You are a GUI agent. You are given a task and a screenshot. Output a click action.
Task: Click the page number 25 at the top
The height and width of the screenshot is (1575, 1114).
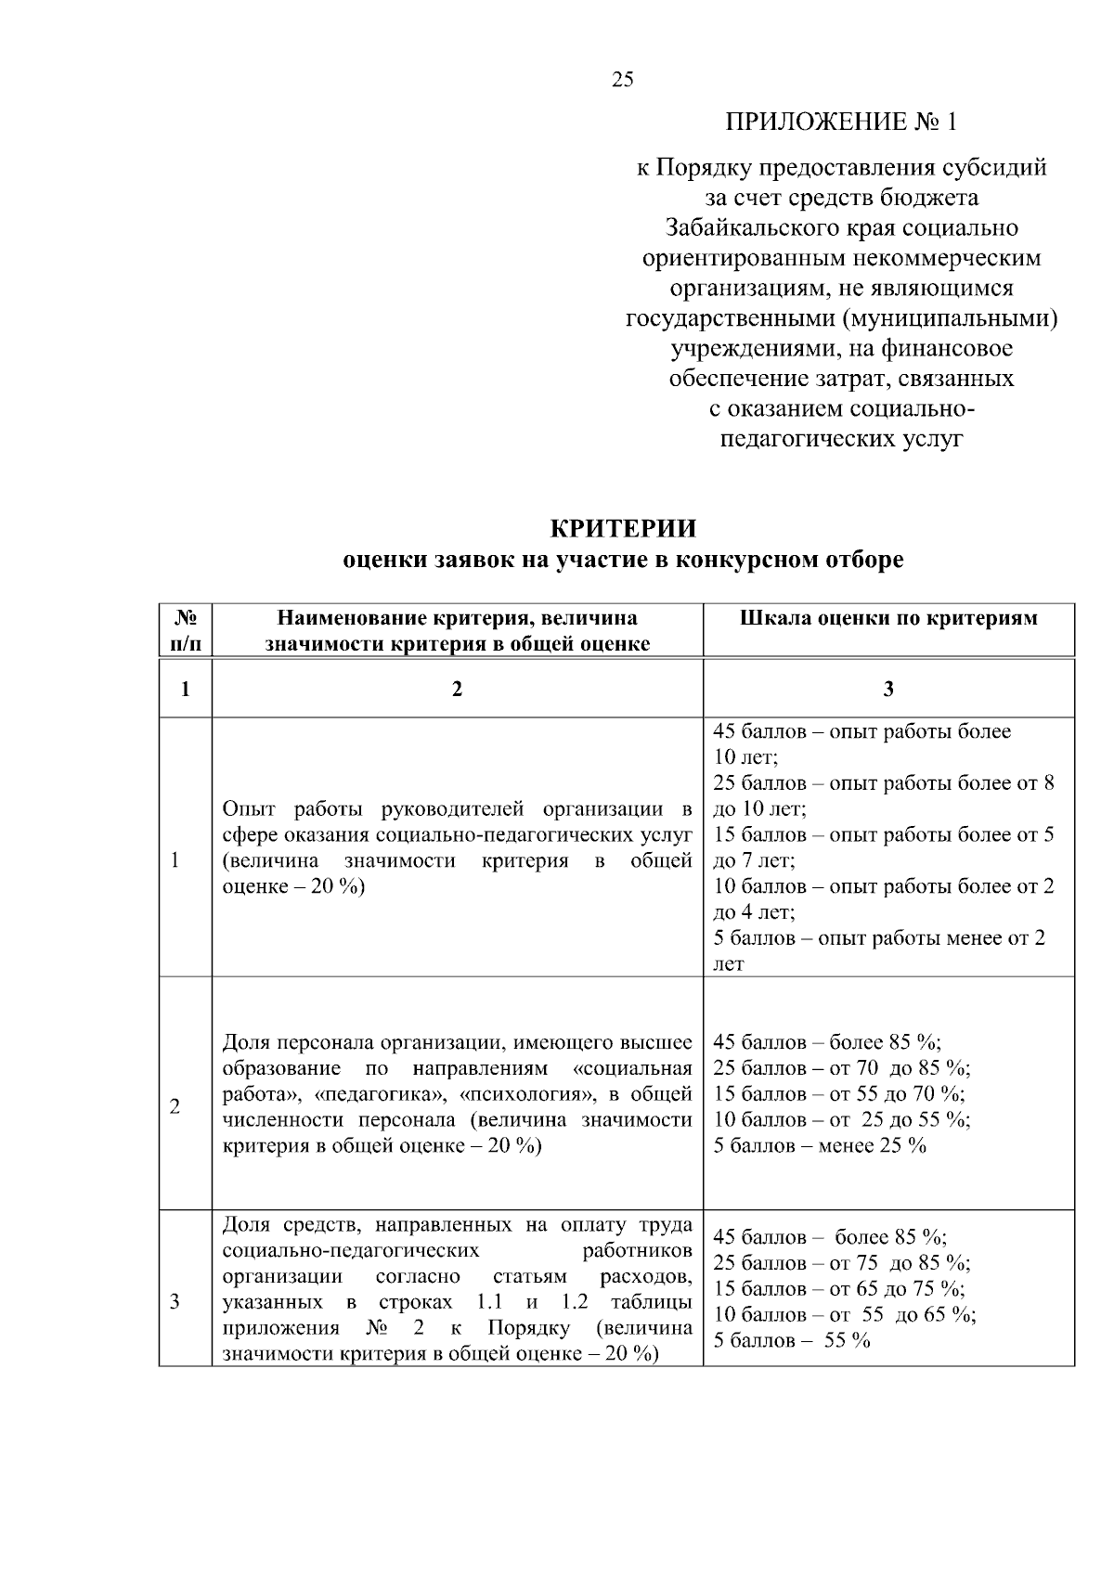pyautogui.click(x=623, y=80)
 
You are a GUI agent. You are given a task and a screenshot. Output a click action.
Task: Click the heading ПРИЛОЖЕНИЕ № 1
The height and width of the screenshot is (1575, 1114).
pyautogui.click(x=840, y=122)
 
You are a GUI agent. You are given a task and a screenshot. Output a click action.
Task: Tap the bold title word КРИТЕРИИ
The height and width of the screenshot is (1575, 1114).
pyautogui.click(x=623, y=529)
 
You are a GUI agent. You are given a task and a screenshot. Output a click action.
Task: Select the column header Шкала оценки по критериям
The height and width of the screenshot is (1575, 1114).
pyautogui.click(x=888, y=618)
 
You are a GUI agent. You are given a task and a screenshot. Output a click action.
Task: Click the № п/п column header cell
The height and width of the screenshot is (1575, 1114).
pyautogui.click(x=186, y=630)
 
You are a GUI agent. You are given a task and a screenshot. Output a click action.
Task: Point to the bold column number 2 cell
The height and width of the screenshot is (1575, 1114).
pyautogui.click(x=456, y=689)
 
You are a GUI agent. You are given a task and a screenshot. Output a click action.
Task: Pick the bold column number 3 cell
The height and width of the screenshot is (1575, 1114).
pyautogui.click(x=888, y=689)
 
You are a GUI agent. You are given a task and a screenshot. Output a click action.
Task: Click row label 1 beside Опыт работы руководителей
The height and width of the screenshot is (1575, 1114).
pyautogui.click(x=175, y=860)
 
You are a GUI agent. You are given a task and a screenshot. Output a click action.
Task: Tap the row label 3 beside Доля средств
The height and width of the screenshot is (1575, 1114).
pyautogui.click(x=175, y=1302)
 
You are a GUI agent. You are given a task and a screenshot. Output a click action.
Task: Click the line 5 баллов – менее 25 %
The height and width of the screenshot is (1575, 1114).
pyautogui.click(x=820, y=1145)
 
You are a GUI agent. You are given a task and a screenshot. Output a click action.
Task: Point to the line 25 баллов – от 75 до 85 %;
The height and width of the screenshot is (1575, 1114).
pyautogui.click(x=842, y=1263)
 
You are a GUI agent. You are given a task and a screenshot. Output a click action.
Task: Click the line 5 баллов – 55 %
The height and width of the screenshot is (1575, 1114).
pyautogui.click(x=792, y=1341)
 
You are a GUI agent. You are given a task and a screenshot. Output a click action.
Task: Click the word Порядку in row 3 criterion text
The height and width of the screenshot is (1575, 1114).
pyautogui.click(x=528, y=1328)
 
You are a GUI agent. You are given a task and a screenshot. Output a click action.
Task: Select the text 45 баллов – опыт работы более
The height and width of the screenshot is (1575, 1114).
pyautogui.click(x=861, y=731)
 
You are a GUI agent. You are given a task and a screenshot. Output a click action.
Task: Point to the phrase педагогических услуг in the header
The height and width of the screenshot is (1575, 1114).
pyautogui.click(x=842, y=439)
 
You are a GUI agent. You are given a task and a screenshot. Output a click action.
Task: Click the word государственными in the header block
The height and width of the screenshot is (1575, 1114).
pyautogui.click(x=731, y=319)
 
